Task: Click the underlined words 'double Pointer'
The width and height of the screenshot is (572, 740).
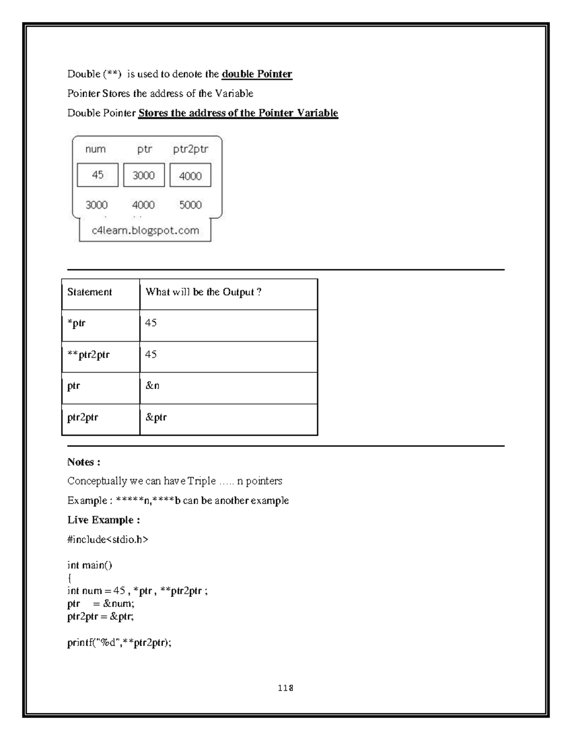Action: coord(256,74)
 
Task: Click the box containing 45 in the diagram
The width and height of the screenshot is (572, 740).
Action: coord(98,175)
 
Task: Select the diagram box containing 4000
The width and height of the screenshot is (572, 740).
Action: coord(190,176)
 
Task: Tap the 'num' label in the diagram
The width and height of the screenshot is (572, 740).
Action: coord(95,149)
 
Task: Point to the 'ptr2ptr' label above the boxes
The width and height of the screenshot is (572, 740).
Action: coord(190,149)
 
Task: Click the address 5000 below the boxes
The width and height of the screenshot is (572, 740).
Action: coord(190,205)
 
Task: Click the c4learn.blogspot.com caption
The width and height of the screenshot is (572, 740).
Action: coord(145,231)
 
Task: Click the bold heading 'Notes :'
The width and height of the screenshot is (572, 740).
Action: coord(83,462)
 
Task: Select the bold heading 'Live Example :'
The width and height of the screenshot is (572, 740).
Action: coord(103,519)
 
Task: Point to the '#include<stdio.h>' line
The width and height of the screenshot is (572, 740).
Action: coord(108,539)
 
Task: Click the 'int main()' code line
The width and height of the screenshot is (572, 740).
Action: coord(90,565)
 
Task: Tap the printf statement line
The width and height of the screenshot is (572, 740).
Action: coord(119,643)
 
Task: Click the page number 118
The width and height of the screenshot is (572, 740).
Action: coord(286,688)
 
